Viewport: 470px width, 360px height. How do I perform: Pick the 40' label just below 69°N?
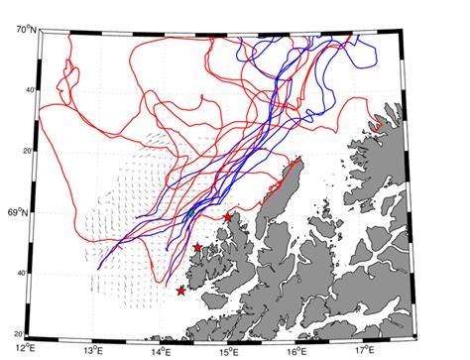click(22, 273)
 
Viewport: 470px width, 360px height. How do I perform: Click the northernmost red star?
click(227, 217)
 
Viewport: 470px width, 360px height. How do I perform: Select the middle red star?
click(197, 247)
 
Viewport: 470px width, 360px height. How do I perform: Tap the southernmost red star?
click(180, 291)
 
